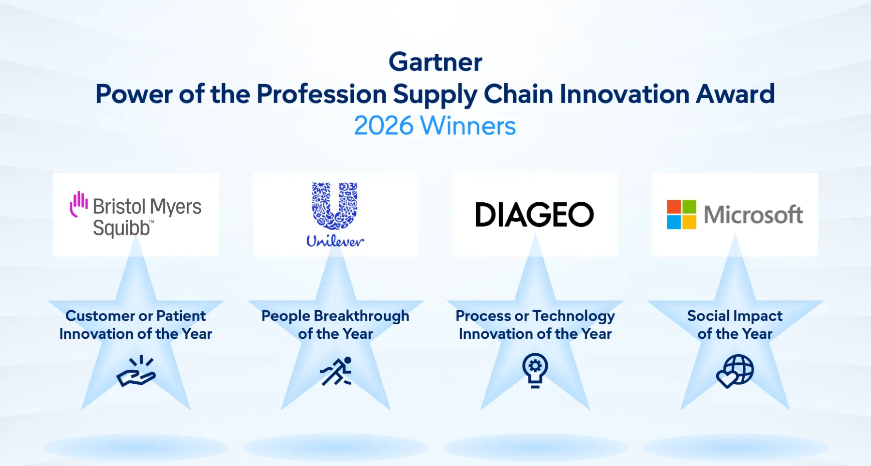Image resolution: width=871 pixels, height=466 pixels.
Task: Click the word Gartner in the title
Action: [x=435, y=62]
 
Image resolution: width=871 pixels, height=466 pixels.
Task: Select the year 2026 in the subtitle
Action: [x=384, y=126]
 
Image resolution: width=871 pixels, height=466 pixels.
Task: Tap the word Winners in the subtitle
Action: [x=468, y=126]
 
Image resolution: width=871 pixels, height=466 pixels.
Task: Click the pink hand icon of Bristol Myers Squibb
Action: [x=78, y=204]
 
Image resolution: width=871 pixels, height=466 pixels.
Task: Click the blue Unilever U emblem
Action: [x=335, y=206]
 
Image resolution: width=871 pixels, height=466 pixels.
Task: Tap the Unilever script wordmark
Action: [x=335, y=241]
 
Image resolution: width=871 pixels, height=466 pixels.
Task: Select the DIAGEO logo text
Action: [x=535, y=215]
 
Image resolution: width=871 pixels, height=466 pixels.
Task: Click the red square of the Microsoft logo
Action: [x=674, y=207]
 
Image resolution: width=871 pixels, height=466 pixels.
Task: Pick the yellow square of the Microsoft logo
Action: [x=689, y=222]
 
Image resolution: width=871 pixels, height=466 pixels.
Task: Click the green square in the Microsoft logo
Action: [x=689, y=207]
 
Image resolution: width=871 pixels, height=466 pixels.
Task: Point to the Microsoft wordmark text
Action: [x=753, y=214]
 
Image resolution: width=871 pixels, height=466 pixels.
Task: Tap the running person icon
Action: [x=336, y=371]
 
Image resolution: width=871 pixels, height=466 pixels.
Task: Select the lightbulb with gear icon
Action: [x=535, y=371]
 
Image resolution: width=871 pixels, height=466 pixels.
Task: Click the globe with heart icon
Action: [x=735, y=371]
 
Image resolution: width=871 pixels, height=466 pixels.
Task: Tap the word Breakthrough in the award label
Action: [x=361, y=316]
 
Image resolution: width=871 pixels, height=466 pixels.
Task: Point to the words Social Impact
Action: [x=735, y=316]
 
